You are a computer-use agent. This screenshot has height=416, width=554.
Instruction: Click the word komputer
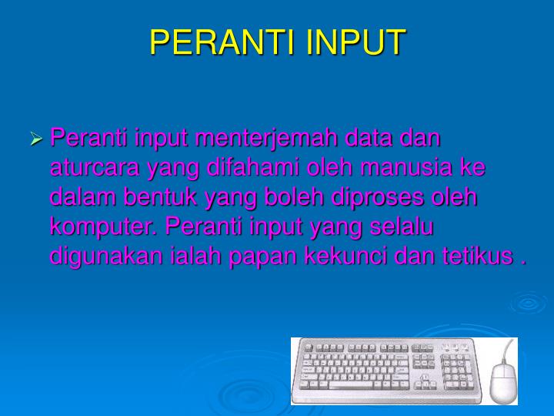(105, 226)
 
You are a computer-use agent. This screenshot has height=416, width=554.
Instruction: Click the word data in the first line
(372, 139)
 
